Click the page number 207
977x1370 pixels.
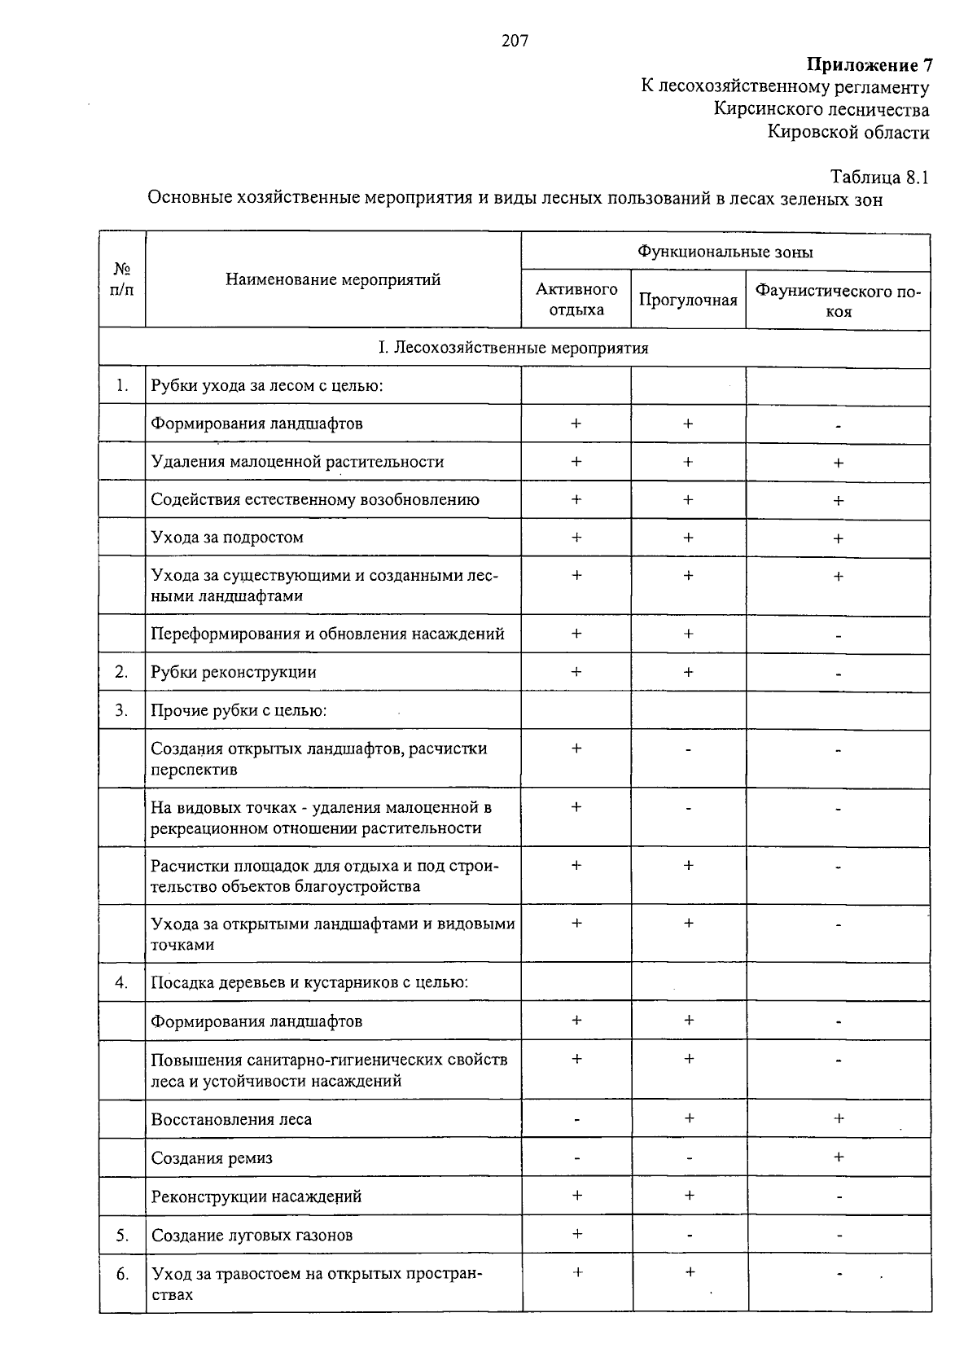(515, 41)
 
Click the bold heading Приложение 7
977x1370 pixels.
(869, 65)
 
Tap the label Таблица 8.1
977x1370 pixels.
(878, 177)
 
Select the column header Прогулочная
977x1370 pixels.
(688, 301)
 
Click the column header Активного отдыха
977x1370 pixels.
(576, 300)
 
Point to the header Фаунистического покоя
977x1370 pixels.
(838, 301)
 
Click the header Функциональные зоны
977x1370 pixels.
(725, 252)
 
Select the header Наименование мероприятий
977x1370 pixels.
(333, 279)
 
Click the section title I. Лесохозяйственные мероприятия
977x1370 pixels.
(514, 349)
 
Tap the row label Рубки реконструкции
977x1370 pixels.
(234, 673)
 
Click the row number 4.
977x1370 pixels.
(121, 982)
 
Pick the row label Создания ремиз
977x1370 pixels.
(212, 1158)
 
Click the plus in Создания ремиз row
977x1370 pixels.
(839, 1157)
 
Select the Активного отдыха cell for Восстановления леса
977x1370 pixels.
(576, 1120)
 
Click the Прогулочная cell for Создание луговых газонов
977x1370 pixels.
(689, 1236)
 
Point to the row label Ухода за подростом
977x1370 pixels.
(227, 538)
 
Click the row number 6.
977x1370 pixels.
(121, 1274)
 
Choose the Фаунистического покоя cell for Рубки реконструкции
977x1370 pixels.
(838, 674)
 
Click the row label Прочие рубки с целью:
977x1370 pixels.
(239, 711)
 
